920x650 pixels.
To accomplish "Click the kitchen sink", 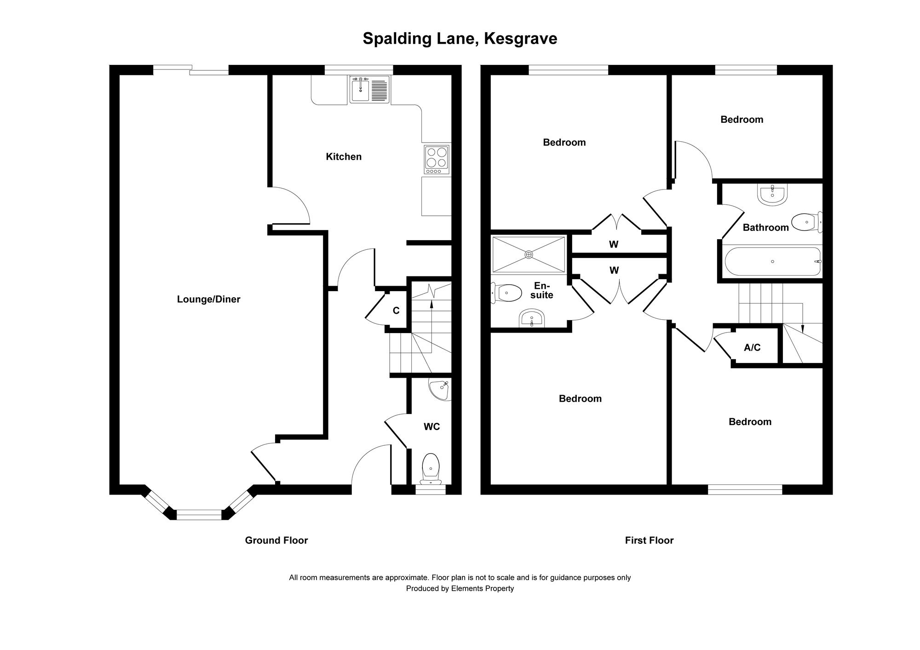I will tap(369, 90).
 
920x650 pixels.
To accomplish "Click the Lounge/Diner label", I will tap(208, 299).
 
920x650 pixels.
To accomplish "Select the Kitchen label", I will tap(344, 157).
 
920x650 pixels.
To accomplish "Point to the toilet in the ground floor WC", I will tap(431, 468).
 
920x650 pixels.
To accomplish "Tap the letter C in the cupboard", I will tap(396, 311).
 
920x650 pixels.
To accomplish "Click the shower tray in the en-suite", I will tap(529, 254).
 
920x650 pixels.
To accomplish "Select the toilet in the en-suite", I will tap(507, 293).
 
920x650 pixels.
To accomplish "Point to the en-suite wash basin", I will tap(532, 318).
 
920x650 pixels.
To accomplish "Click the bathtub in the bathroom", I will tap(773, 261).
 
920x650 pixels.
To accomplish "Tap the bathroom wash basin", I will tap(772, 195).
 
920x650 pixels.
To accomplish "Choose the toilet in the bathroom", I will tap(806, 223).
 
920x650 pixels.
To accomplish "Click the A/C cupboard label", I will tap(752, 348).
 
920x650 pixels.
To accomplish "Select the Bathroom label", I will tap(765, 227).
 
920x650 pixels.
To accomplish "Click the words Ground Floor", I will tap(276, 541).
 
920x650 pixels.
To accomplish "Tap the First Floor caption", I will tap(649, 541).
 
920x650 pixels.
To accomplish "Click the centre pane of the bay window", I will tap(199, 515).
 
